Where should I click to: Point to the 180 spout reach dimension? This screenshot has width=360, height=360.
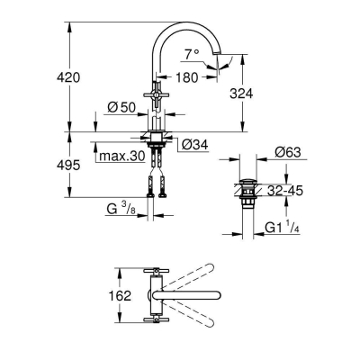click(x=187, y=79)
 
